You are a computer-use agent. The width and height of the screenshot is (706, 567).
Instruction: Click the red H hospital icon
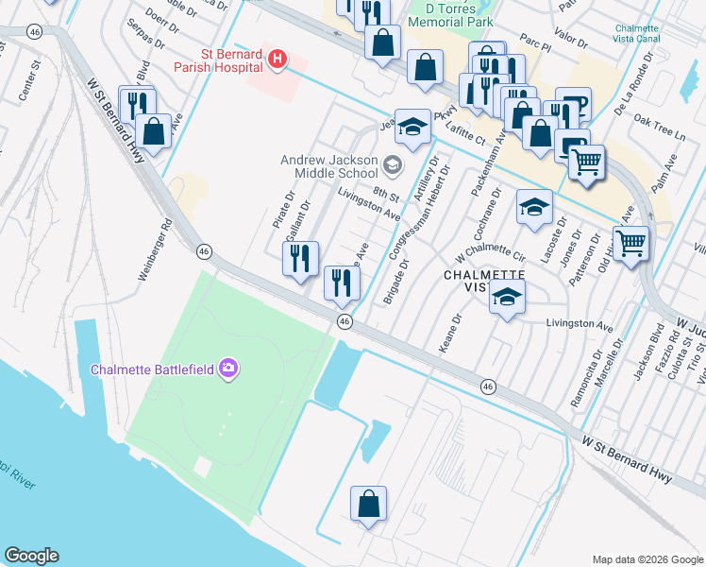click(x=277, y=60)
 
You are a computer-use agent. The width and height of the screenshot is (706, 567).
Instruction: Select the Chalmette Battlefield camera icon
click(x=227, y=369)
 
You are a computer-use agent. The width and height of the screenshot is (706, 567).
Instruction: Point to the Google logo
click(x=31, y=556)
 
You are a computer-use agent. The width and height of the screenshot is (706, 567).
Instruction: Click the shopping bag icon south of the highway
click(x=368, y=503)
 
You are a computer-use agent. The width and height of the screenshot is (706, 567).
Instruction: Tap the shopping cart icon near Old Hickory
click(x=630, y=243)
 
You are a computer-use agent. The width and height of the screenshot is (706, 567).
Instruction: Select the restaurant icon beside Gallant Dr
click(x=301, y=258)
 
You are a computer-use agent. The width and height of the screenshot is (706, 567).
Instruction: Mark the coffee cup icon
click(x=572, y=104)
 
